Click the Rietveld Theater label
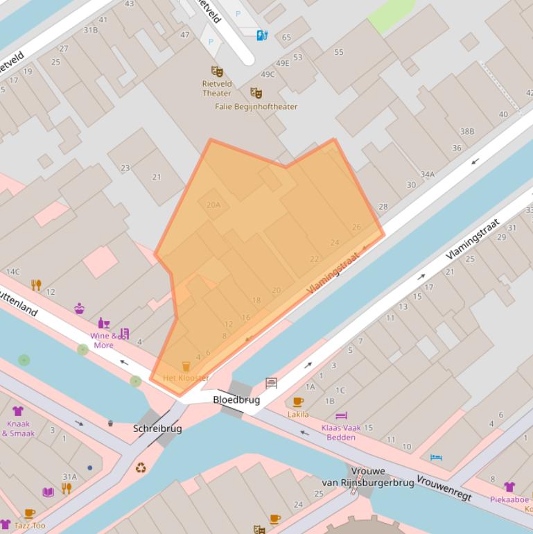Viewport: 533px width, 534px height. coord(217,88)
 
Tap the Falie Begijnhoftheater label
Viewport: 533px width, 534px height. coord(256,107)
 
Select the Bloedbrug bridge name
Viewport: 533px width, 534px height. coord(236,400)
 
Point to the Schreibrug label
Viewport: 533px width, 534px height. coord(157,429)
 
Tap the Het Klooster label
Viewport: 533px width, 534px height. coord(185,378)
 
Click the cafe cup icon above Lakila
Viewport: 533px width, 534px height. coord(298,402)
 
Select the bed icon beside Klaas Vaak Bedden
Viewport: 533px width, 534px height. coord(341,416)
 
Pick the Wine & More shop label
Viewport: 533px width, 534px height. coord(103,341)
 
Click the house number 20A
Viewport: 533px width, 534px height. coord(213,205)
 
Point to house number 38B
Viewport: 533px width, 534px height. coord(467,131)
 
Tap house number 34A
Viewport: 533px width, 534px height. coord(428,175)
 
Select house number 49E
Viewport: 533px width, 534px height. coord(283,63)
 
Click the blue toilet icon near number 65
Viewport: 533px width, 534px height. coord(262,35)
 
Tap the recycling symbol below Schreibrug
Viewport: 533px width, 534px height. coord(141,468)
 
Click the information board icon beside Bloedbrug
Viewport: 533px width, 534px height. coord(271,383)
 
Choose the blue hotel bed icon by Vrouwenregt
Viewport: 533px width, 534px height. coord(435,457)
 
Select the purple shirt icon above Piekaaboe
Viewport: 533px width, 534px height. coord(509,487)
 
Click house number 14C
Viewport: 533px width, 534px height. coord(12,271)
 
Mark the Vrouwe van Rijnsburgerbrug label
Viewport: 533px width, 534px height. coord(368,477)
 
